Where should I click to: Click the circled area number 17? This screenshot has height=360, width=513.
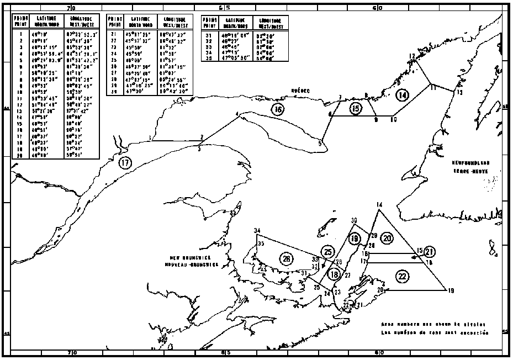(126, 162)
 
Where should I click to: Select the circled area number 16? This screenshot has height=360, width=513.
(277, 109)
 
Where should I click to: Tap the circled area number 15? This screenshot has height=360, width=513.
(356, 109)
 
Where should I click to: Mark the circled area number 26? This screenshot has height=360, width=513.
(286, 259)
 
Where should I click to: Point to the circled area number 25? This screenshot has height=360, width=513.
(329, 252)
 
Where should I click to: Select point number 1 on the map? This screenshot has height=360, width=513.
(150, 137)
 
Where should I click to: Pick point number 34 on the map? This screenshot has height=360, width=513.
(257, 231)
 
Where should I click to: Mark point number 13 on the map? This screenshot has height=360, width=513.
(458, 93)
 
